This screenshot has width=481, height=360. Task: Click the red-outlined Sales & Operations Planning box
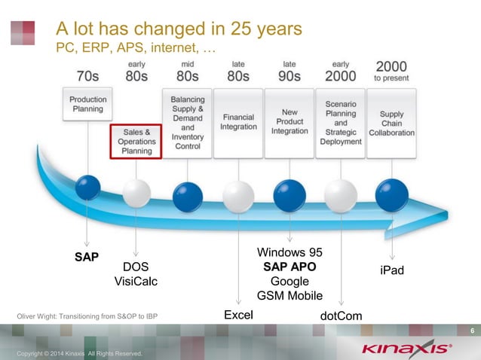pos(136,141)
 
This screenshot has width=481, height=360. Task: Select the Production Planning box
pos(87,104)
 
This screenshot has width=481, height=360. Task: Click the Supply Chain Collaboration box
pos(391,123)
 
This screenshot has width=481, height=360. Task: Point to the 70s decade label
pos(87,76)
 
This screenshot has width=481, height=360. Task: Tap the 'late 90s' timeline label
pos(289,72)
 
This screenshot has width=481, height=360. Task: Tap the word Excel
pos(238,316)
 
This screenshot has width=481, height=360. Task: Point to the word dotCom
pos(342,316)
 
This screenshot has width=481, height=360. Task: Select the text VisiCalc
pos(136,281)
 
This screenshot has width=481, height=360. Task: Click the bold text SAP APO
pos(290,267)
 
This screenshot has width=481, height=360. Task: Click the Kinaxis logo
pos(406,349)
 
